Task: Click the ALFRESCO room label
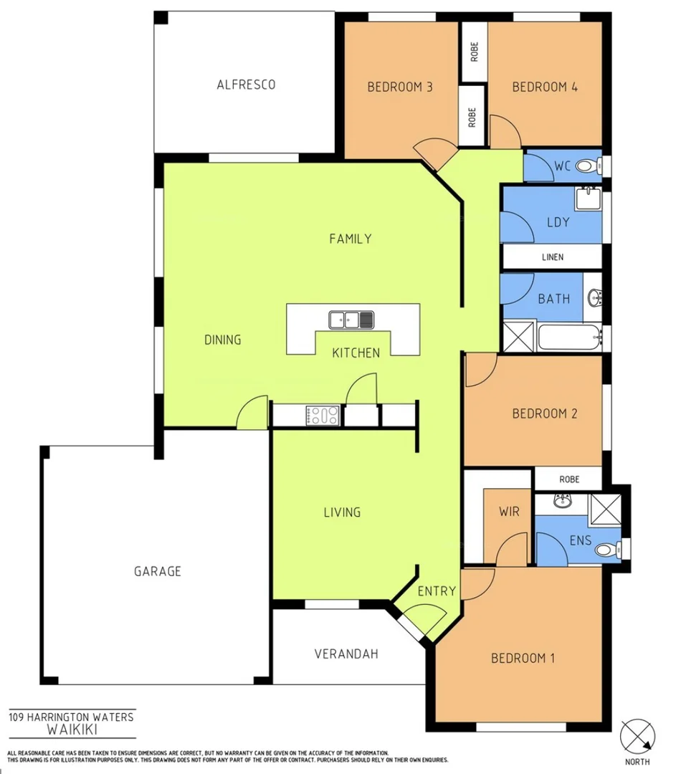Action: coord(246,85)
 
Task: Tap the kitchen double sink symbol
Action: coord(351,319)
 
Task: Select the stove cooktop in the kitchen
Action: coord(323,415)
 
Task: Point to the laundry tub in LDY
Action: coord(588,196)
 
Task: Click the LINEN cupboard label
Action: coord(553,257)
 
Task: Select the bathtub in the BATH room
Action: coord(569,337)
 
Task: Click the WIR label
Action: coord(509,512)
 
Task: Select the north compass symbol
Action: coord(637,735)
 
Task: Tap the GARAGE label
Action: coord(158,571)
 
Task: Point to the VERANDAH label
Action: coord(346,654)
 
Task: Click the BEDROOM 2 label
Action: coord(545,414)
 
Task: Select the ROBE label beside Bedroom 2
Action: coord(569,479)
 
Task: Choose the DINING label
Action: coord(222,340)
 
